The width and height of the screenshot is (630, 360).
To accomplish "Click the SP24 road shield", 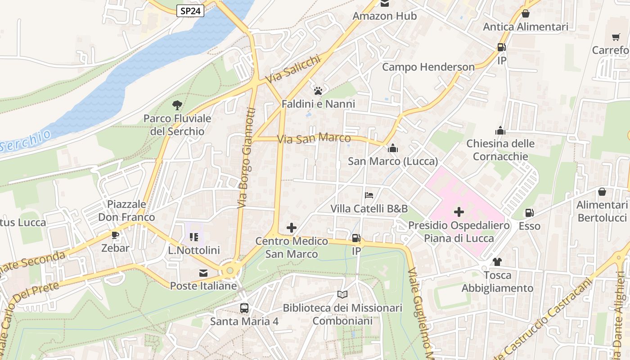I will (190, 11).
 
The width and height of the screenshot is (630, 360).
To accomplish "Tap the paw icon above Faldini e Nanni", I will (318, 91).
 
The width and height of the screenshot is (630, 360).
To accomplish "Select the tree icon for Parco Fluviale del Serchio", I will (177, 105).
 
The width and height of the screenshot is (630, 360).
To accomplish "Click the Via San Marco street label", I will (314, 138).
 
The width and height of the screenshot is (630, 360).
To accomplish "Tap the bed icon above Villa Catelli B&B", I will (369, 195).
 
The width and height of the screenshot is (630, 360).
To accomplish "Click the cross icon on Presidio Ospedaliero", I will (459, 211).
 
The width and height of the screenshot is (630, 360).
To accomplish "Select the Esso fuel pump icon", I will (529, 213).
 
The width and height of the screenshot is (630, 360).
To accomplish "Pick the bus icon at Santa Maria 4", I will (244, 308).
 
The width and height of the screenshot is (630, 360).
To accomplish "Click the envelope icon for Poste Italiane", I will (203, 273).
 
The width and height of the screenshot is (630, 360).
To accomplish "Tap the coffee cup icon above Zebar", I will (115, 235).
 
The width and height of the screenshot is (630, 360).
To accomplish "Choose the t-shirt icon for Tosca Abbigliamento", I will (497, 262).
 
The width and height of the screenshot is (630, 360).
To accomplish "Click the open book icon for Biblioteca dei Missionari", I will (342, 295).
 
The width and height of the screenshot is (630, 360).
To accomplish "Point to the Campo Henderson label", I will (428, 67).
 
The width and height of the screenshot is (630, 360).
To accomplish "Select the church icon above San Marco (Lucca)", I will (393, 148).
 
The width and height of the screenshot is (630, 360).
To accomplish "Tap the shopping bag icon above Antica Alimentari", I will (525, 13).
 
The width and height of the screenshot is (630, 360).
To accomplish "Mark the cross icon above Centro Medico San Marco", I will (292, 228).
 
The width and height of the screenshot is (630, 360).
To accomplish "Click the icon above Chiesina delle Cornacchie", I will (500, 131).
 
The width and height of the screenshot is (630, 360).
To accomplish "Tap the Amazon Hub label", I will (384, 16).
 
